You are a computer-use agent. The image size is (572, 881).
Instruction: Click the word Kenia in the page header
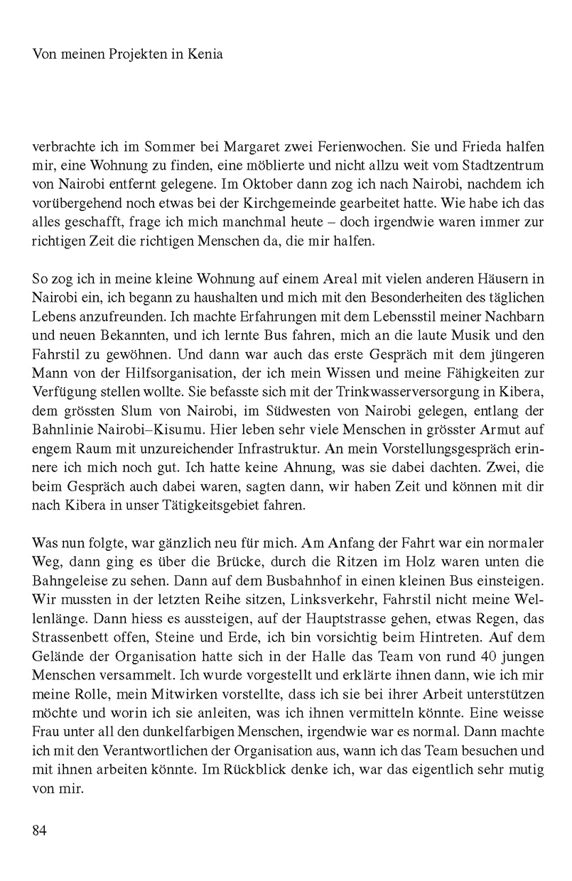click(205, 55)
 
